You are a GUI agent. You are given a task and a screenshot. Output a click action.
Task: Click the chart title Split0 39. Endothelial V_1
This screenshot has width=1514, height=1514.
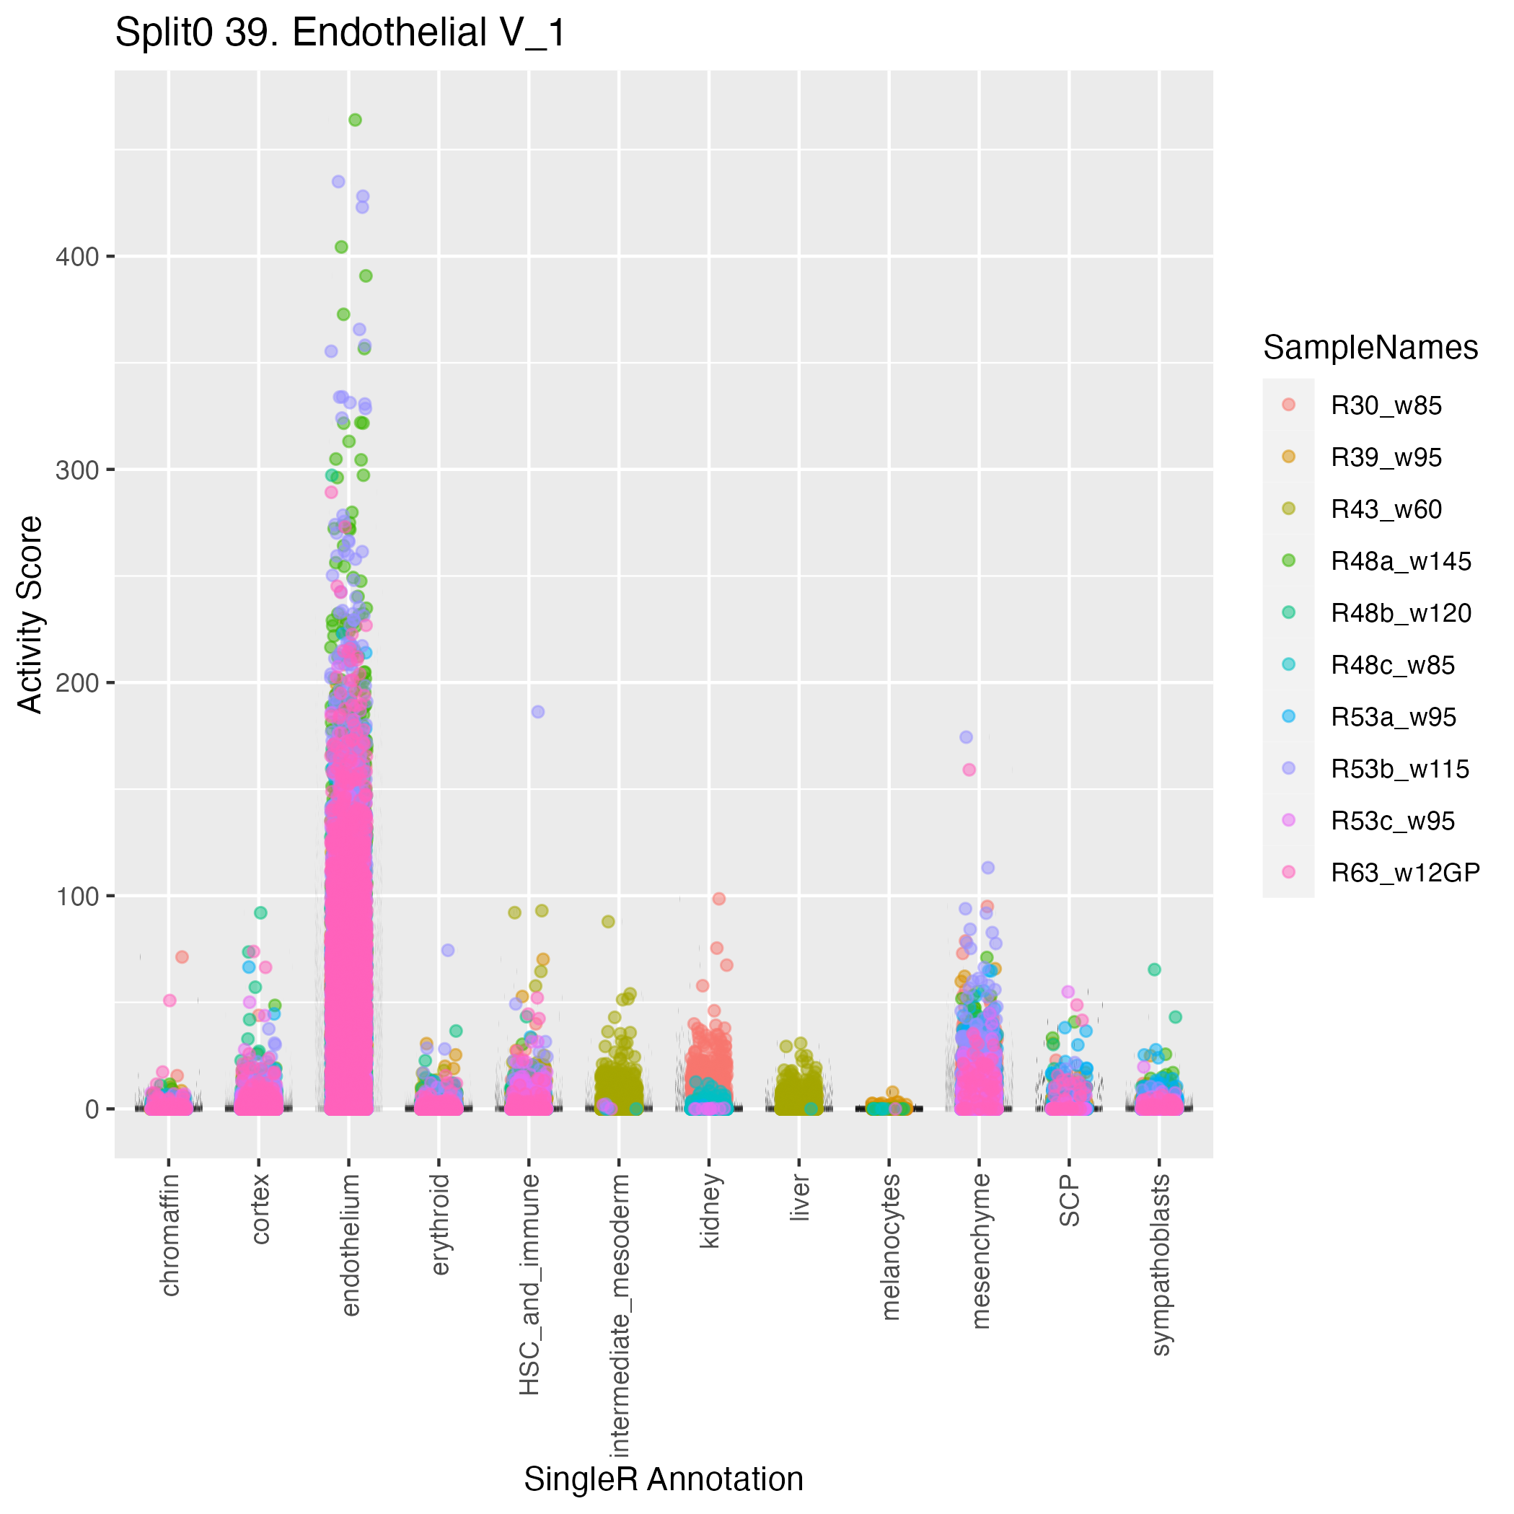pyautogui.click(x=340, y=34)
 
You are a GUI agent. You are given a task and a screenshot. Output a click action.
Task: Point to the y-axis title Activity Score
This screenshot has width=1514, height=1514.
pyautogui.click(x=30, y=615)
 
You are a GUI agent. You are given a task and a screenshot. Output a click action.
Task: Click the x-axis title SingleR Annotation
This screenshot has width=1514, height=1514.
pyautogui.click(x=663, y=1479)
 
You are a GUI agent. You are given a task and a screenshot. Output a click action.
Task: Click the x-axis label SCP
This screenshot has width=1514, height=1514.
pyautogui.click(x=1070, y=1200)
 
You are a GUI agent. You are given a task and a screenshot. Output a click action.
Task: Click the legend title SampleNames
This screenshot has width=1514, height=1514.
pyautogui.click(x=1370, y=347)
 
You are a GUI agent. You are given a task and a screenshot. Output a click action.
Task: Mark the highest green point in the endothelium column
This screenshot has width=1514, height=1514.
pyautogui.click(x=355, y=120)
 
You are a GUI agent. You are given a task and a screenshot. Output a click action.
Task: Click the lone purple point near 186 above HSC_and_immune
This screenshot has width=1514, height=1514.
pyautogui.click(x=537, y=711)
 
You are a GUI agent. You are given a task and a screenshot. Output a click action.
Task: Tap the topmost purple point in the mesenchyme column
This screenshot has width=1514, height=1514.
pyautogui.click(x=967, y=736)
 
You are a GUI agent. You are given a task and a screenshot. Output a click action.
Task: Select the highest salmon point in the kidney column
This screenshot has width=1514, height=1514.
pyautogui.click(x=718, y=899)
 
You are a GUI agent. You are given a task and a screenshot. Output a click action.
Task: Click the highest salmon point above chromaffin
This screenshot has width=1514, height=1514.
pyautogui.click(x=182, y=957)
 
